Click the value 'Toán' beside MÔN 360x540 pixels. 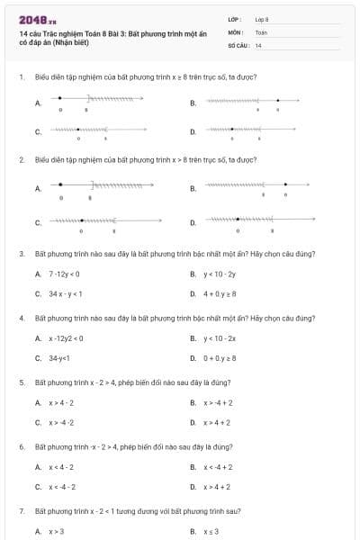click(261, 31)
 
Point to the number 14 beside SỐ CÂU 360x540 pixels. click(258, 44)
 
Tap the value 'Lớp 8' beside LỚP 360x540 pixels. click(262, 18)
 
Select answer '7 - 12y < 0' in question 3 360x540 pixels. click(64, 274)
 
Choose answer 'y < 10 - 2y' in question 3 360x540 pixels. click(219, 274)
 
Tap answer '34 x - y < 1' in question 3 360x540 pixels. click(66, 293)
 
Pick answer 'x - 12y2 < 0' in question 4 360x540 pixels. click(66, 338)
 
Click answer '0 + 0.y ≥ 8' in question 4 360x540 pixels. click(219, 358)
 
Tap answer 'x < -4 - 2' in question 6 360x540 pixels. click(62, 487)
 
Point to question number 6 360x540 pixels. click(21, 447)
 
